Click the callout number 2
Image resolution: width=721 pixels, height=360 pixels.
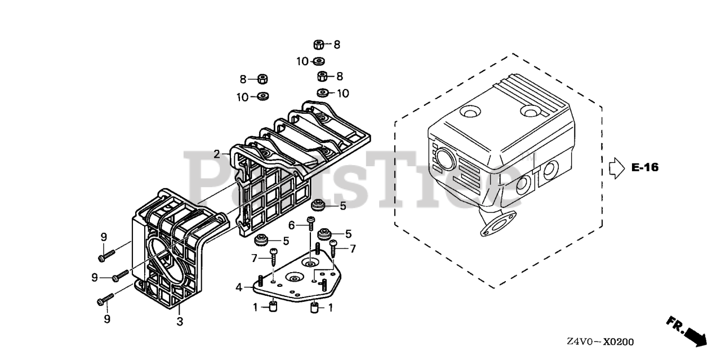tap(216, 154)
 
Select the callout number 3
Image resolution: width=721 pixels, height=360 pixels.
tap(180, 322)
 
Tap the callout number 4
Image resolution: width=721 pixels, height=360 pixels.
tap(239, 287)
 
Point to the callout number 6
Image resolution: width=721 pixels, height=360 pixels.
tap(291, 225)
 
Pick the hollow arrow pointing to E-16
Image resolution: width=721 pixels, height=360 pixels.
tap(617, 168)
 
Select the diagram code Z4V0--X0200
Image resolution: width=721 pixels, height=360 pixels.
tap(600, 342)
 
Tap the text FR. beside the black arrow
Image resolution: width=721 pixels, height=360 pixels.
tap(675, 325)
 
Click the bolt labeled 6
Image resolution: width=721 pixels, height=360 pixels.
tap(310, 223)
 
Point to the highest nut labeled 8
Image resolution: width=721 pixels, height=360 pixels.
tap(318, 45)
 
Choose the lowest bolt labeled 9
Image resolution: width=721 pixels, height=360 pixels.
tap(105, 300)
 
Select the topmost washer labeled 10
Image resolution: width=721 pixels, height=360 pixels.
tap(319, 61)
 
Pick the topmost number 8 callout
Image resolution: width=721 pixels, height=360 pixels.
tap(337, 44)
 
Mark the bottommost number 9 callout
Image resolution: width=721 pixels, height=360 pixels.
tap(106, 319)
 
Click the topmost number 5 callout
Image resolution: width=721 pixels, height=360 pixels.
tap(342, 206)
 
